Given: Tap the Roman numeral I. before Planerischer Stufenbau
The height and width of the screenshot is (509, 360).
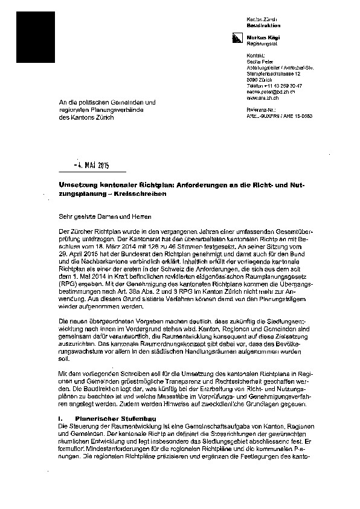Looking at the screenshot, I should tap(60, 418).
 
